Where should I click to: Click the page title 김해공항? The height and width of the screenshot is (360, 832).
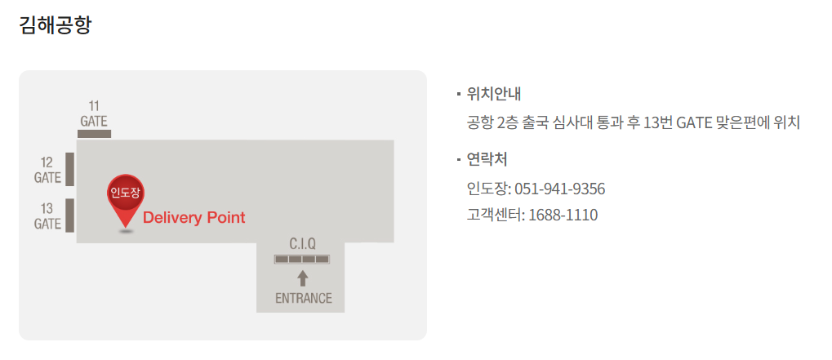click(x=56, y=25)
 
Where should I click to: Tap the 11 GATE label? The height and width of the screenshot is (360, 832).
click(x=94, y=113)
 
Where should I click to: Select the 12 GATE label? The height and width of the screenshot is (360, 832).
click(x=47, y=169)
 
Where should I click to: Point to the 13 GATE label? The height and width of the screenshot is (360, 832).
click(x=47, y=216)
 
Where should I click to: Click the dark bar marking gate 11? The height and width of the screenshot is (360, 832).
click(x=94, y=133)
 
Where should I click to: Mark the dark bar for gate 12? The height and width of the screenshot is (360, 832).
click(x=70, y=169)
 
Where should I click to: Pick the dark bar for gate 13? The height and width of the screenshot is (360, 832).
click(x=70, y=216)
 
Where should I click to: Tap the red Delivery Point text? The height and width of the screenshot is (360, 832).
click(x=194, y=218)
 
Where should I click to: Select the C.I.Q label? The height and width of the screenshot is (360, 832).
click(x=302, y=243)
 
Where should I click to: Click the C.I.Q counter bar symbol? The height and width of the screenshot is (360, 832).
click(x=302, y=260)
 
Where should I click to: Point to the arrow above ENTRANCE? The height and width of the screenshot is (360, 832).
click(x=303, y=278)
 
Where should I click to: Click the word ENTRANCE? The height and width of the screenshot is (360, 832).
click(x=303, y=298)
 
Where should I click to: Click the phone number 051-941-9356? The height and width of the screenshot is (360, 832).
click(x=559, y=189)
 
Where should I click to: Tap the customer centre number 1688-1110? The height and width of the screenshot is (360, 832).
click(x=563, y=216)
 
